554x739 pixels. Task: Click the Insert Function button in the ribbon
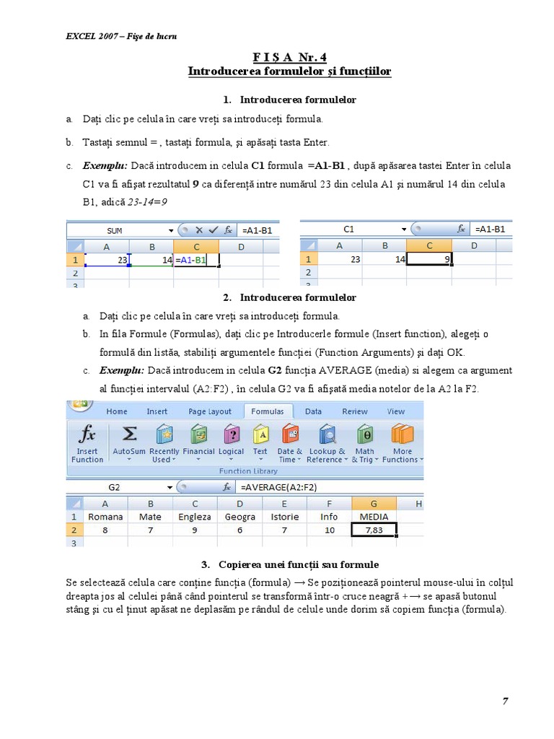[x=87, y=443]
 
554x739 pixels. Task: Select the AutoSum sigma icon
[x=129, y=434]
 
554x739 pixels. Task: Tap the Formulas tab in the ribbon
[x=268, y=411]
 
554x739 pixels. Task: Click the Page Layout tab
[x=210, y=411]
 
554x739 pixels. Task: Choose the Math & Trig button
[x=365, y=443]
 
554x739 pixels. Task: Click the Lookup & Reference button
[x=327, y=443]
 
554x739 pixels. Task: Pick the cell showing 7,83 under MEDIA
[x=374, y=530]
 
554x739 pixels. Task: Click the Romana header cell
[x=105, y=517]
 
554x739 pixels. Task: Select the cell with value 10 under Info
[x=329, y=530]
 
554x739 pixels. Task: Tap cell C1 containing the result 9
[x=428, y=259]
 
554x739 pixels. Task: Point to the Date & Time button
[x=290, y=443]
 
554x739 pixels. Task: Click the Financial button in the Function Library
[x=198, y=443]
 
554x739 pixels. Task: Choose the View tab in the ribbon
[x=396, y=411]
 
